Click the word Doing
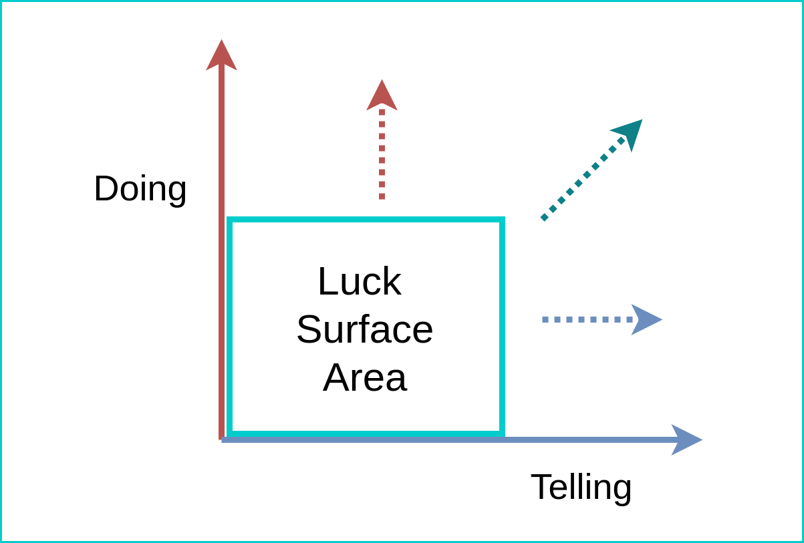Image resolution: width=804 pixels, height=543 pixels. click(x=140, y=189)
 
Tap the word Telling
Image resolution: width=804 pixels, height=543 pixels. click(x=581, y=487)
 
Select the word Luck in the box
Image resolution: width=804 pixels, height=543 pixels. click(x=359, y=281)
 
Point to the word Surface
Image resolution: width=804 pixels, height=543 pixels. click(x=364, y=329)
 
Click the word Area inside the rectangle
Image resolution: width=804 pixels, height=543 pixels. click(x=364, y=377)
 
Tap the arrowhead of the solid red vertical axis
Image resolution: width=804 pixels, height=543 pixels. click(x=221, y=55)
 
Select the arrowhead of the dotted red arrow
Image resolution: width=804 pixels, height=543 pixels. click(x=382, y=96)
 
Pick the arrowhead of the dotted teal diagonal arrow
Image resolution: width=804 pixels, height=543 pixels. click(x=630, y=132)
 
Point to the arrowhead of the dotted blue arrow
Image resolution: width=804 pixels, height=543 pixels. click(x=645, y=319)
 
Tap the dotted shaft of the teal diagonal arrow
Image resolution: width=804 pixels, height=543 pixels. click(x=578, y=184)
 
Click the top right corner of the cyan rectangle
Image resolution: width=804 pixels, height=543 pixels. click(x=501, y=220)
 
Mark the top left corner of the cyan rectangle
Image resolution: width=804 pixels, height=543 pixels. click(x=230, y=220)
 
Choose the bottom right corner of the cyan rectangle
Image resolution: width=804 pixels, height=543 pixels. click(x=501, y=433)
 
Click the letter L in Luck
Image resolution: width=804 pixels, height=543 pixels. click(x=325, y=281)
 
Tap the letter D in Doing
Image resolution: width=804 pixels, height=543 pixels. click(x=105, y=189)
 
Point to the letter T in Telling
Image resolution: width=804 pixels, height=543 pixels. click(x=541, y=486)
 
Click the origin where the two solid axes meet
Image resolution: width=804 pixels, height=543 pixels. click(x=222, y=439)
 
